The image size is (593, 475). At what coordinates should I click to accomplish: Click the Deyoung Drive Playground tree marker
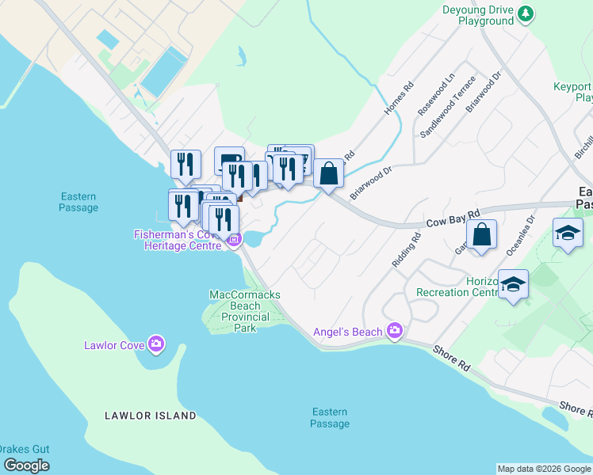tap(526, 13)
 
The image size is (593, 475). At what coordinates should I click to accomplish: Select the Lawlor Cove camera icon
tap(156, 344)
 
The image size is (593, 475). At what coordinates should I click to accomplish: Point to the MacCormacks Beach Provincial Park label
tap(244, 311)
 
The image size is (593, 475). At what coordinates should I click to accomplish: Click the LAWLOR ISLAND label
tap(151, 416)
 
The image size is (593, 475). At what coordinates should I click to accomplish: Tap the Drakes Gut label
tap(25, 450)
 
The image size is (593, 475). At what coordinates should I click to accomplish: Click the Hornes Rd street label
tap(400, 99)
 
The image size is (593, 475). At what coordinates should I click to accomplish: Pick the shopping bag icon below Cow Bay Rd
tap(481, 235)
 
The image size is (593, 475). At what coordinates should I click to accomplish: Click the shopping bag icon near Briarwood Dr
tap(328, 173)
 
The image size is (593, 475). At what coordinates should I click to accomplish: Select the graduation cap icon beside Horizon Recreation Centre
tap(513, 283)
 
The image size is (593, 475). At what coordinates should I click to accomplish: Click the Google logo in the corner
tap(26, 465)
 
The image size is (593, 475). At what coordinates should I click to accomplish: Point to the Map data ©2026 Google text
tap(544, 469)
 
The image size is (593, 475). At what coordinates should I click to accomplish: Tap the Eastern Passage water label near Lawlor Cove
tap(78, 202)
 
